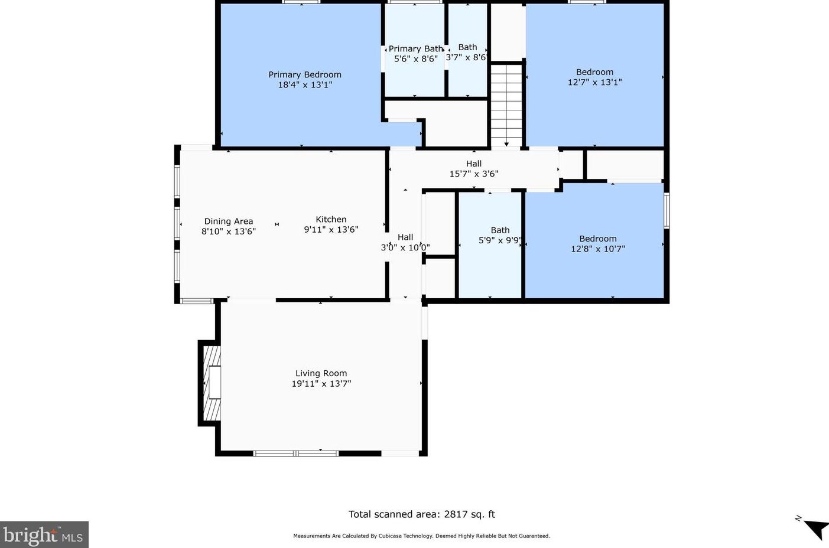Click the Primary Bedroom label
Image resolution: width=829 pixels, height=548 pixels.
point(305,74)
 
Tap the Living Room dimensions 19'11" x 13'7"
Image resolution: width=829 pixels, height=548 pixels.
point(321,384)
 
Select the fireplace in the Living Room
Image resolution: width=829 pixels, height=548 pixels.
point(211,383)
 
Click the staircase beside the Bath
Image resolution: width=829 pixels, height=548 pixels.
point(506,105)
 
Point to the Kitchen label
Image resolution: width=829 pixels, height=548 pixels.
point(331,219)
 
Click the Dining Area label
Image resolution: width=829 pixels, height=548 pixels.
point(229,221)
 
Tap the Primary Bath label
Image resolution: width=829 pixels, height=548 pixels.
point(415,49)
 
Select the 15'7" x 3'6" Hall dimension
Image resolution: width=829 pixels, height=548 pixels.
point(474,174)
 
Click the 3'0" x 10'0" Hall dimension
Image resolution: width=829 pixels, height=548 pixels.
point(405,248)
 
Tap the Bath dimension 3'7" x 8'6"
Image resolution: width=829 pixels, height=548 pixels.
point(466,58)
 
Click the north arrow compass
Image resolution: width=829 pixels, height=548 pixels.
point(814,527)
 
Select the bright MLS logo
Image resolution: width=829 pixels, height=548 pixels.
point(44,535)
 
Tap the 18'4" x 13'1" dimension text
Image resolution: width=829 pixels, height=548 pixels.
point(305,85)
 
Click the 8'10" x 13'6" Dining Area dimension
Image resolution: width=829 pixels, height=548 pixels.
point(229,231)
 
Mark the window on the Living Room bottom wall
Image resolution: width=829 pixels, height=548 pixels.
point(295,454)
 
